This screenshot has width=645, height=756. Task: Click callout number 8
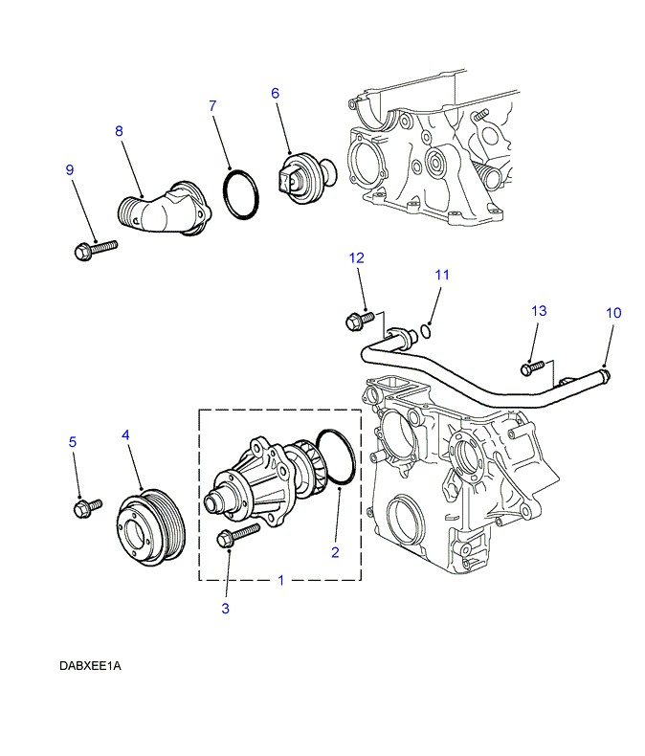[x=119, y=130]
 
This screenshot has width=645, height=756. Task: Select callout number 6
[x=275, y=93]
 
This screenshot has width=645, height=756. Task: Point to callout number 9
[x=70, y=169]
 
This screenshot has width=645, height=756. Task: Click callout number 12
[x=356, y=257]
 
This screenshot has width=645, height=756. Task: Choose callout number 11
[x=441, y=275]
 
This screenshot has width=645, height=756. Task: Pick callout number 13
[x=539, y=311]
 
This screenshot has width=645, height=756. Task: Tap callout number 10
[x=613, y=312]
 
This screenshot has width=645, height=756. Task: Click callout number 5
[x=72, y=442]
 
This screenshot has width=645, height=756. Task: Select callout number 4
[x=125, y=435]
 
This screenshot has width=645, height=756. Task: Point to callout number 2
[x=335, y=551]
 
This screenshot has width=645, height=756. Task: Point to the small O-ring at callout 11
[x=424, y=331]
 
